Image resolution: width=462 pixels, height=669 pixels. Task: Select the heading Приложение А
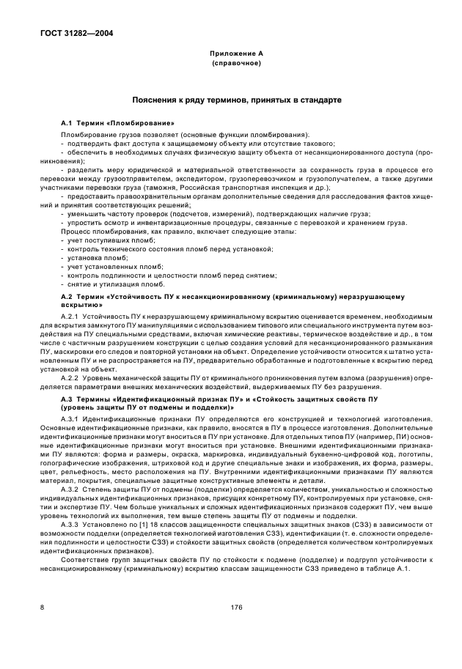(231, 53)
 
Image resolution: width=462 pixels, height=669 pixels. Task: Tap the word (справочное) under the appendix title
(231, 63)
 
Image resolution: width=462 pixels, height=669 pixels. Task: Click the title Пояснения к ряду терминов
(231, 99)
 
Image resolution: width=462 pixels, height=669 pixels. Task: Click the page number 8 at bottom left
(42, 606)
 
